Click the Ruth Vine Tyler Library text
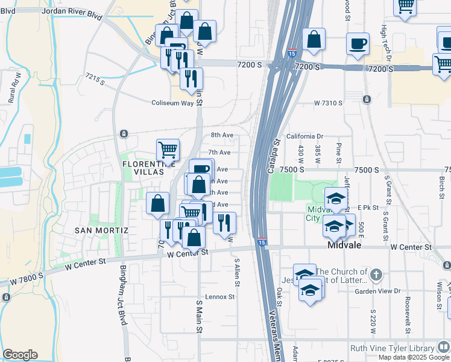pyautogui.click(x=393, y=348)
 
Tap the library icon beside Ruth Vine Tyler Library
pyautogui.click(x=443, y=348)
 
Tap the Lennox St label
pyautogui.click(x=219, y=297)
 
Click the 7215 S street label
pyautogui.click(x=95, y=78)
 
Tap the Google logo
pyautogui.click(x=20, y=355)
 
